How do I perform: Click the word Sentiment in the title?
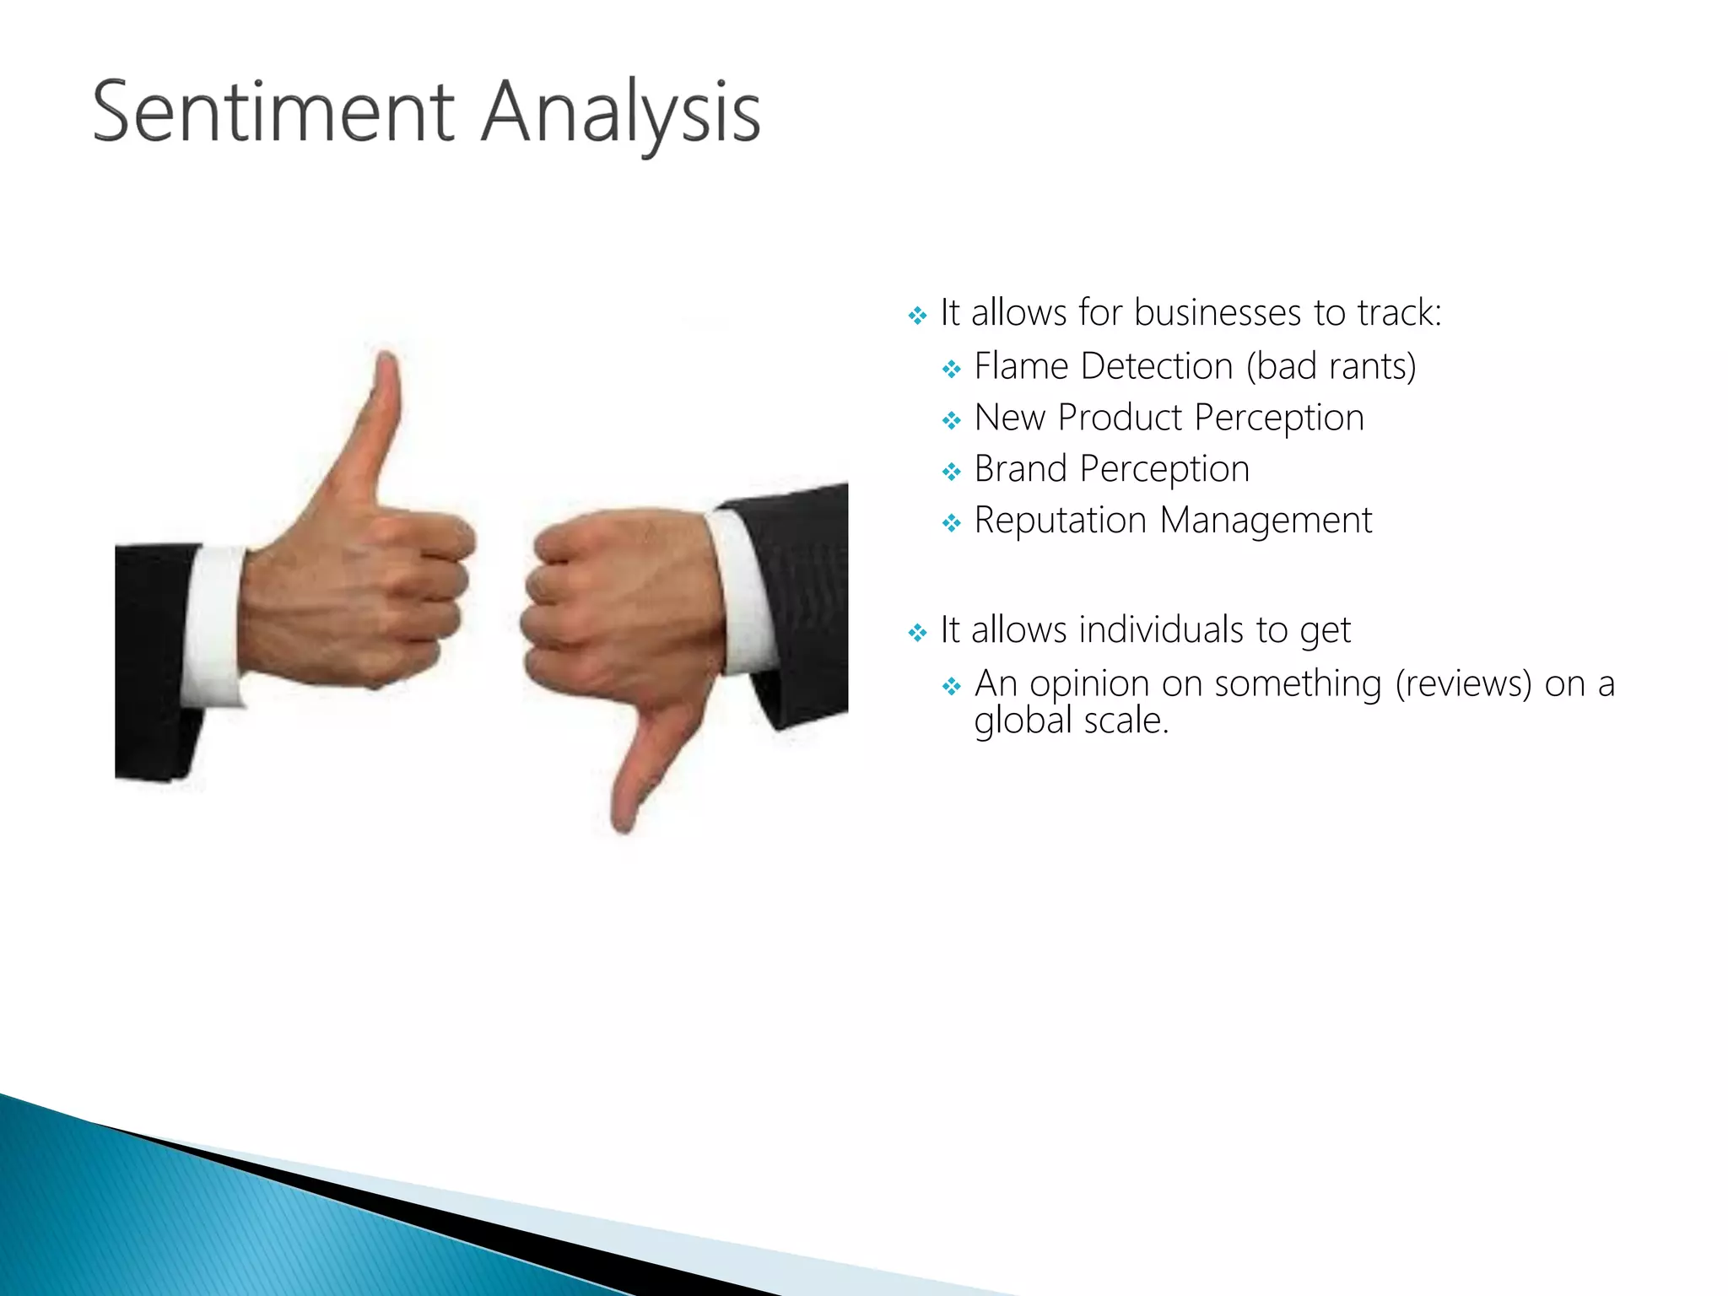point(273,112)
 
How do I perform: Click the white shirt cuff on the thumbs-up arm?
point(213,624)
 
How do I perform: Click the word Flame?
point(1021,367)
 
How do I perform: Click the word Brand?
point(1020,469)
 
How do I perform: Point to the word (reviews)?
point(1462,684)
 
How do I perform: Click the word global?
point(1023,721)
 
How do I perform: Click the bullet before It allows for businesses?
point(917,316)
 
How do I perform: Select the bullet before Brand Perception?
point(951,472)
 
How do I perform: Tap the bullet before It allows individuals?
point(917,633)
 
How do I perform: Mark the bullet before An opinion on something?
point(951,687)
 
